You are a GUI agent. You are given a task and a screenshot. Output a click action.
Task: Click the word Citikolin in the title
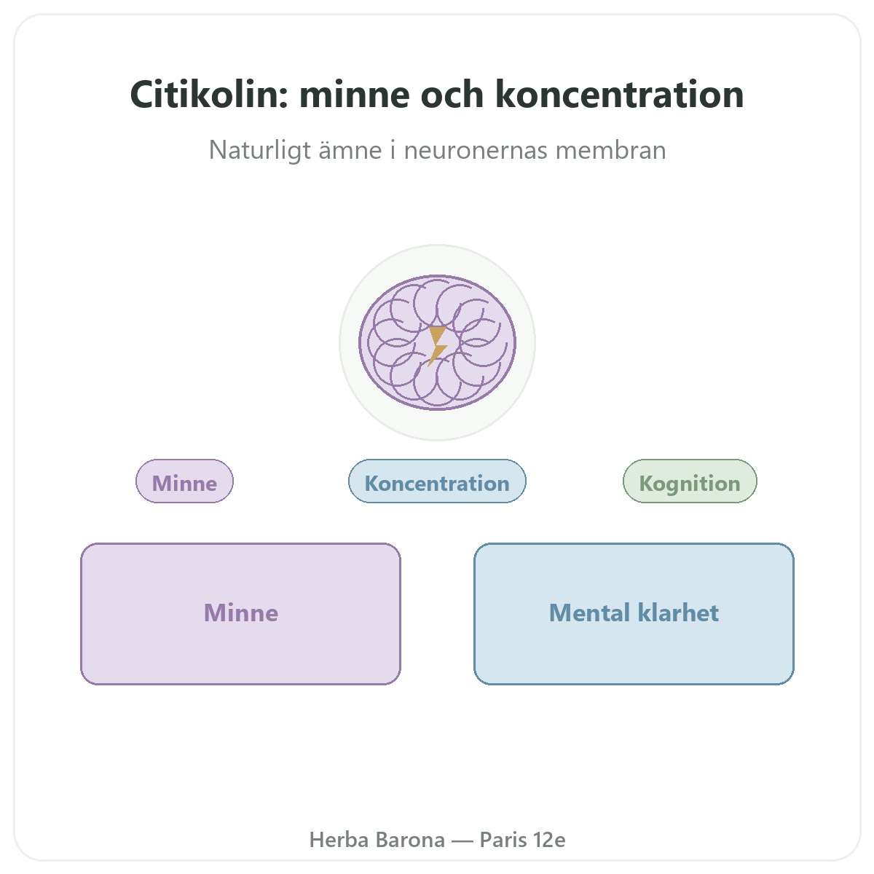point(209,95)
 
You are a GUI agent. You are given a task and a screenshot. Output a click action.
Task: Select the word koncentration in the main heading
point(619,95)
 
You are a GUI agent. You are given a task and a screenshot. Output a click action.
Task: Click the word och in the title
point(452,95)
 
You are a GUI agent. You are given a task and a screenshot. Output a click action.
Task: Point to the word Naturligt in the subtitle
point(260,150)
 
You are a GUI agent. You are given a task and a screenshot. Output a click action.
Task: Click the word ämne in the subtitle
point(350,150)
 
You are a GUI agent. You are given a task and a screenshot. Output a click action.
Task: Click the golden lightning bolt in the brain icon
point(437,346)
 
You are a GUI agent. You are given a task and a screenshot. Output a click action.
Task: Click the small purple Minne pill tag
point(184,481)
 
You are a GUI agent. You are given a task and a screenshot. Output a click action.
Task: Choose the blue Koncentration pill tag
point(437,481)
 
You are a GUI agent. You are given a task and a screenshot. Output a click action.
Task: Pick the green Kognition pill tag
point(690,481)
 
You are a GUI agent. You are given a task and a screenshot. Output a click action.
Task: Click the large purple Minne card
point(241,614)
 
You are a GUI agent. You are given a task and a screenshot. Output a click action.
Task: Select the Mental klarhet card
point(634,614)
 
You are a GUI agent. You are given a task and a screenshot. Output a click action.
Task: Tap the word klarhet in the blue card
point(679,613)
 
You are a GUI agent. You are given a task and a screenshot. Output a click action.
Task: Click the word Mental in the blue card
point(590,613)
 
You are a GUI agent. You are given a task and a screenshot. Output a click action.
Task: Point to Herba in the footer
point(339,840)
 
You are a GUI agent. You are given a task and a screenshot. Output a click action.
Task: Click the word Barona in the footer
point(411,840)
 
